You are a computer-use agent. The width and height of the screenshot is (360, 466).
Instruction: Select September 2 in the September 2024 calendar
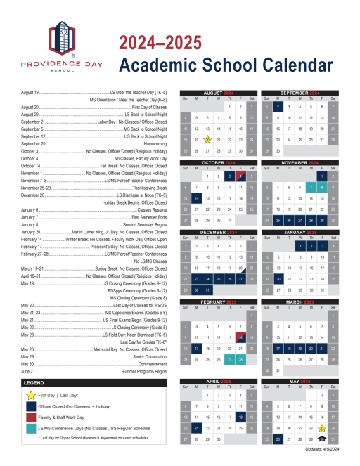(278, 107)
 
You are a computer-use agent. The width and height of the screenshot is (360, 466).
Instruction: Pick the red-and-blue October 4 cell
(240, 176)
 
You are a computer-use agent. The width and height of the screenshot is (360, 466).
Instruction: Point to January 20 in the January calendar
(278, 278)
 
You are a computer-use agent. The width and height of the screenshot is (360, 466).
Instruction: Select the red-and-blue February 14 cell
(240, 337)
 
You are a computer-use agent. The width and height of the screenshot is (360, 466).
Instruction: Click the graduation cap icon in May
(321, 439)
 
